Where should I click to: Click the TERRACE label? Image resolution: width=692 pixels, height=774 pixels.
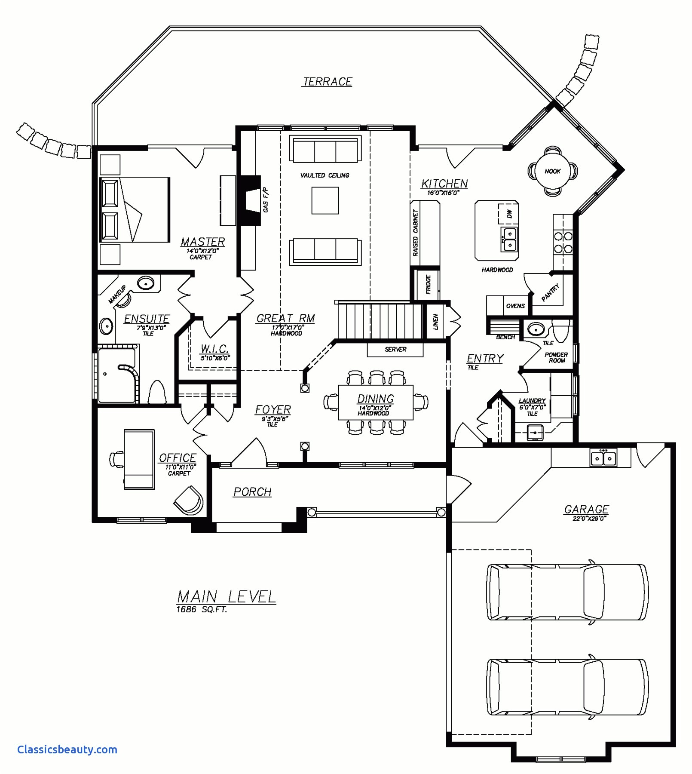[x=328, y=82]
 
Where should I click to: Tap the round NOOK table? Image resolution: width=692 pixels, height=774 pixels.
[x=552, y=171]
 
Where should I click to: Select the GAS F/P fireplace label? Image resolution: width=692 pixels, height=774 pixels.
[x=265, y=200]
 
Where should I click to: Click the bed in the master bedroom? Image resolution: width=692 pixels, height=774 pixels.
[x=134, y=209]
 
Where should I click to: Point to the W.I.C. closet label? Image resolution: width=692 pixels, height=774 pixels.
[x=214, y=349]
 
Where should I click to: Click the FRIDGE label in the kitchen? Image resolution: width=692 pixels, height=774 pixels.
[x=428, y=284]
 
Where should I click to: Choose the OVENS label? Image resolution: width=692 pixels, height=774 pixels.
[x=515, y=306]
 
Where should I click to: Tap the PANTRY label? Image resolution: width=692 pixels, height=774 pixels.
[x=550, y=292]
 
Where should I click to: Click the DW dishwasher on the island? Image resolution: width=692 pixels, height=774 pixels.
[x=509, y=214]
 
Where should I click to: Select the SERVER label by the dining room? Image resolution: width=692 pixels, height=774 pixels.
[x=395, y=350]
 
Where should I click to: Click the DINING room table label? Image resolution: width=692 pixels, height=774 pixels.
[x=375, y=399]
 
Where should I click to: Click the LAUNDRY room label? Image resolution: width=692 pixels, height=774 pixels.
[x=532, y=401]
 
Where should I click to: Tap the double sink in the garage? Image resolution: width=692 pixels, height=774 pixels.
[x=603, y=458]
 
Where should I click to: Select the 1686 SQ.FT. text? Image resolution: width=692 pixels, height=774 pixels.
[x=201, y=609]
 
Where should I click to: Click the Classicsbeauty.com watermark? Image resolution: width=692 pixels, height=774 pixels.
[x=67, y=749]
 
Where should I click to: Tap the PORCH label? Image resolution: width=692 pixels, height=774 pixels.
[x=252, y=491]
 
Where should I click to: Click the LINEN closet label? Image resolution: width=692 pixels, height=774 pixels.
[x=435, y=322]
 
